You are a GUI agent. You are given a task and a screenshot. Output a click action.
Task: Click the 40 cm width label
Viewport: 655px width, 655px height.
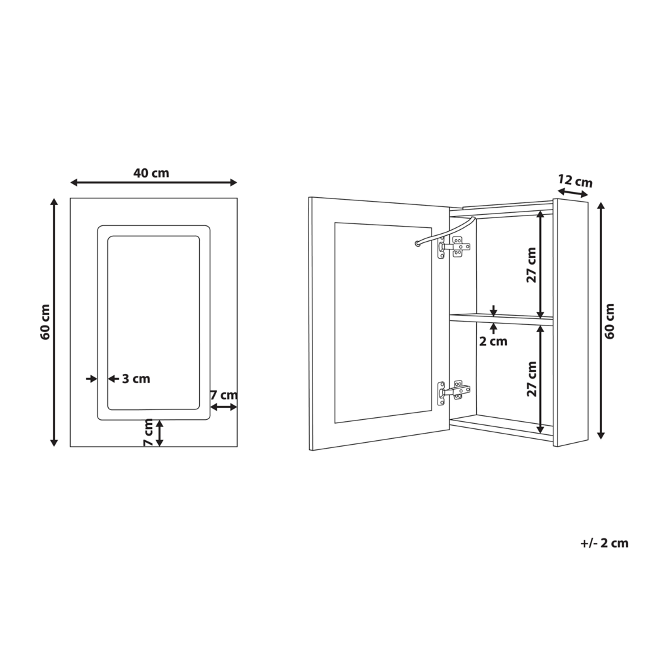[x=151, y=173]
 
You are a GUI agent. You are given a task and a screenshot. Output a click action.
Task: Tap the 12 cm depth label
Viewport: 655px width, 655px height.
[x=575, y=181]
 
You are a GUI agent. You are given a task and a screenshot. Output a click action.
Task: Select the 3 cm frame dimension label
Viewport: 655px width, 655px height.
[x=136, y=379]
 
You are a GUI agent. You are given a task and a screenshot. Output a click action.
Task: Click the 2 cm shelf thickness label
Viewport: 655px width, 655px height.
[x=493, y=341]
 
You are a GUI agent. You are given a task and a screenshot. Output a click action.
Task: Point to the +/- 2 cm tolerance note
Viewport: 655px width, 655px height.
[x=604, y=543]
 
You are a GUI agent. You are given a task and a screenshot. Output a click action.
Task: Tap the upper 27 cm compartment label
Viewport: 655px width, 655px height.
[x=531, y=265]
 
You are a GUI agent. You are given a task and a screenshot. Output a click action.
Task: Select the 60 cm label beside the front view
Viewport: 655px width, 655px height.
[x=45, y=322]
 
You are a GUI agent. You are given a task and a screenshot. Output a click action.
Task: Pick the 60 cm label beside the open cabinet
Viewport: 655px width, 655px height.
[x=610, y=321]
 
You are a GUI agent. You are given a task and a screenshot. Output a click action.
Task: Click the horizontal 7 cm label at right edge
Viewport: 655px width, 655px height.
[x=224, y=395]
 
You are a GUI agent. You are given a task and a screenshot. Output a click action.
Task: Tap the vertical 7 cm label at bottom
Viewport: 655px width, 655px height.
[x=149, y=433]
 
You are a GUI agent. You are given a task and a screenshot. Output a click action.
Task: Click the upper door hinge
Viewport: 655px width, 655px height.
[x=452, y=247]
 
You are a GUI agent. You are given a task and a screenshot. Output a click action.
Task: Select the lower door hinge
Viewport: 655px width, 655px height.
[x=452, y=392]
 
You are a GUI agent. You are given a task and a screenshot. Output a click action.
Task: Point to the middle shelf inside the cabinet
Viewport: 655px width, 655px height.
[x=500, y=319]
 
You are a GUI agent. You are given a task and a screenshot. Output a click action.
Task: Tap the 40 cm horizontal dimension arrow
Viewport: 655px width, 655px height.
[x=153, y=183]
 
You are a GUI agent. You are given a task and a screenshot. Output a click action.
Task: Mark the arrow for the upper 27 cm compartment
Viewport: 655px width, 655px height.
[x=540, y=263]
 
